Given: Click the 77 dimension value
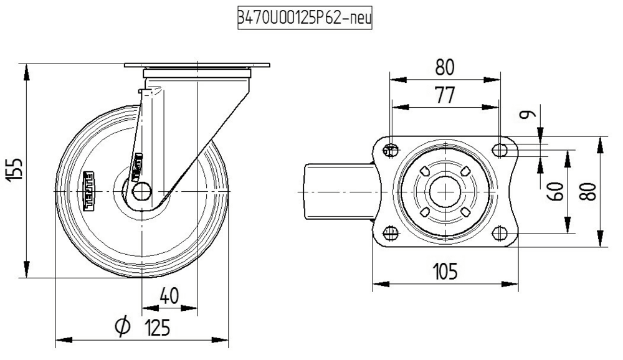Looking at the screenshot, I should coord(444,95).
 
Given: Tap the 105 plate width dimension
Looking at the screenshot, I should coord(444,272).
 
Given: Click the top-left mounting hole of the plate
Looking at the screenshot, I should coord(391,149).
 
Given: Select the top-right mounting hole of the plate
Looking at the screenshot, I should coord(499,149).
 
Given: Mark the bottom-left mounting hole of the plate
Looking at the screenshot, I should coord(391,233).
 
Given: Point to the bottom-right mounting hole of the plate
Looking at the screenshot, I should coord(499,233).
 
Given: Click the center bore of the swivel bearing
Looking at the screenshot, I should coord(445,191).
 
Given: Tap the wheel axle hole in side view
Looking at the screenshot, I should coord(142,191).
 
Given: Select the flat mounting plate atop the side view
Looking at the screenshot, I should coord(197,65).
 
